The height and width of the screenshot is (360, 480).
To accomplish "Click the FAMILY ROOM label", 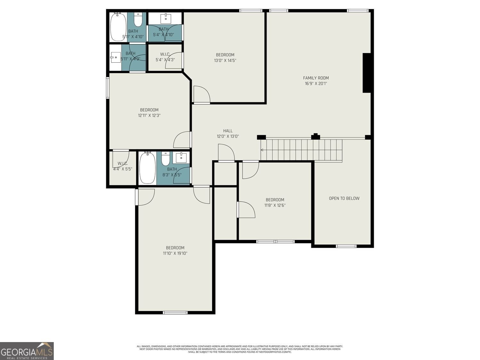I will pyautogui.click(x=316, y=78).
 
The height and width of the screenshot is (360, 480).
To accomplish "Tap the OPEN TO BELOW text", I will pyautogui.click(x=344, y=198).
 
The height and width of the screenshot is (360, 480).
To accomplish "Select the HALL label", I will pyautogui.click(x=228, y=131).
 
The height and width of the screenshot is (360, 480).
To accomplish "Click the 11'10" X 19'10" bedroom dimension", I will pyautogui.click(x=175, y=253).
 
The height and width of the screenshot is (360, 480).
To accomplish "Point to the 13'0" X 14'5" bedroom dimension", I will pyautogui.click(x=225, y=60).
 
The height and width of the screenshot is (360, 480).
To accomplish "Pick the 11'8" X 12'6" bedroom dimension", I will pyautogui.click(x=275, y=205).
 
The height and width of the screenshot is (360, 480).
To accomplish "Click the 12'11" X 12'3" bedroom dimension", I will pyautogui.click(x=149, y=116).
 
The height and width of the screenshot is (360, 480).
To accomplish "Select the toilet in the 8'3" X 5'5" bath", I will pyautogui.click(x=165, y=159).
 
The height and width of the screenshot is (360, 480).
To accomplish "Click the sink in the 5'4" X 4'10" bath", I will pyautogui.click(x=166, y=18).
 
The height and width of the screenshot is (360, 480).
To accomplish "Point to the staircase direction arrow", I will pyautogui.click(x=262, y=150).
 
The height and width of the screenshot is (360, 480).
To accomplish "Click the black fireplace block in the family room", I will pyautogui.click(x=366, y=73).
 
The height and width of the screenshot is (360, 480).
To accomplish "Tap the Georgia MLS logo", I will pyautogui.click(x=27, y=351).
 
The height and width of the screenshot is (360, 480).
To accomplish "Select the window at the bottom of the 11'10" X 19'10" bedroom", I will pyautogui.click(x=175, y=312).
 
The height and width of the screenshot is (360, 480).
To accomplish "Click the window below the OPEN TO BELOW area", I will pyautogui.click(x=346, y=246).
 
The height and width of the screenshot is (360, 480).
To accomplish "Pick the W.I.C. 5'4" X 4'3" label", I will pyautogui.click(x=165, y=57).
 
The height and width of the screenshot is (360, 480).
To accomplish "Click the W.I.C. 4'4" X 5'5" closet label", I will pyautogui.click(x=122, y=166).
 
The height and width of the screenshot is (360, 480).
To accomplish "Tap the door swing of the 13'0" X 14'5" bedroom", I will pyautogui.click(x=202, y=95).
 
